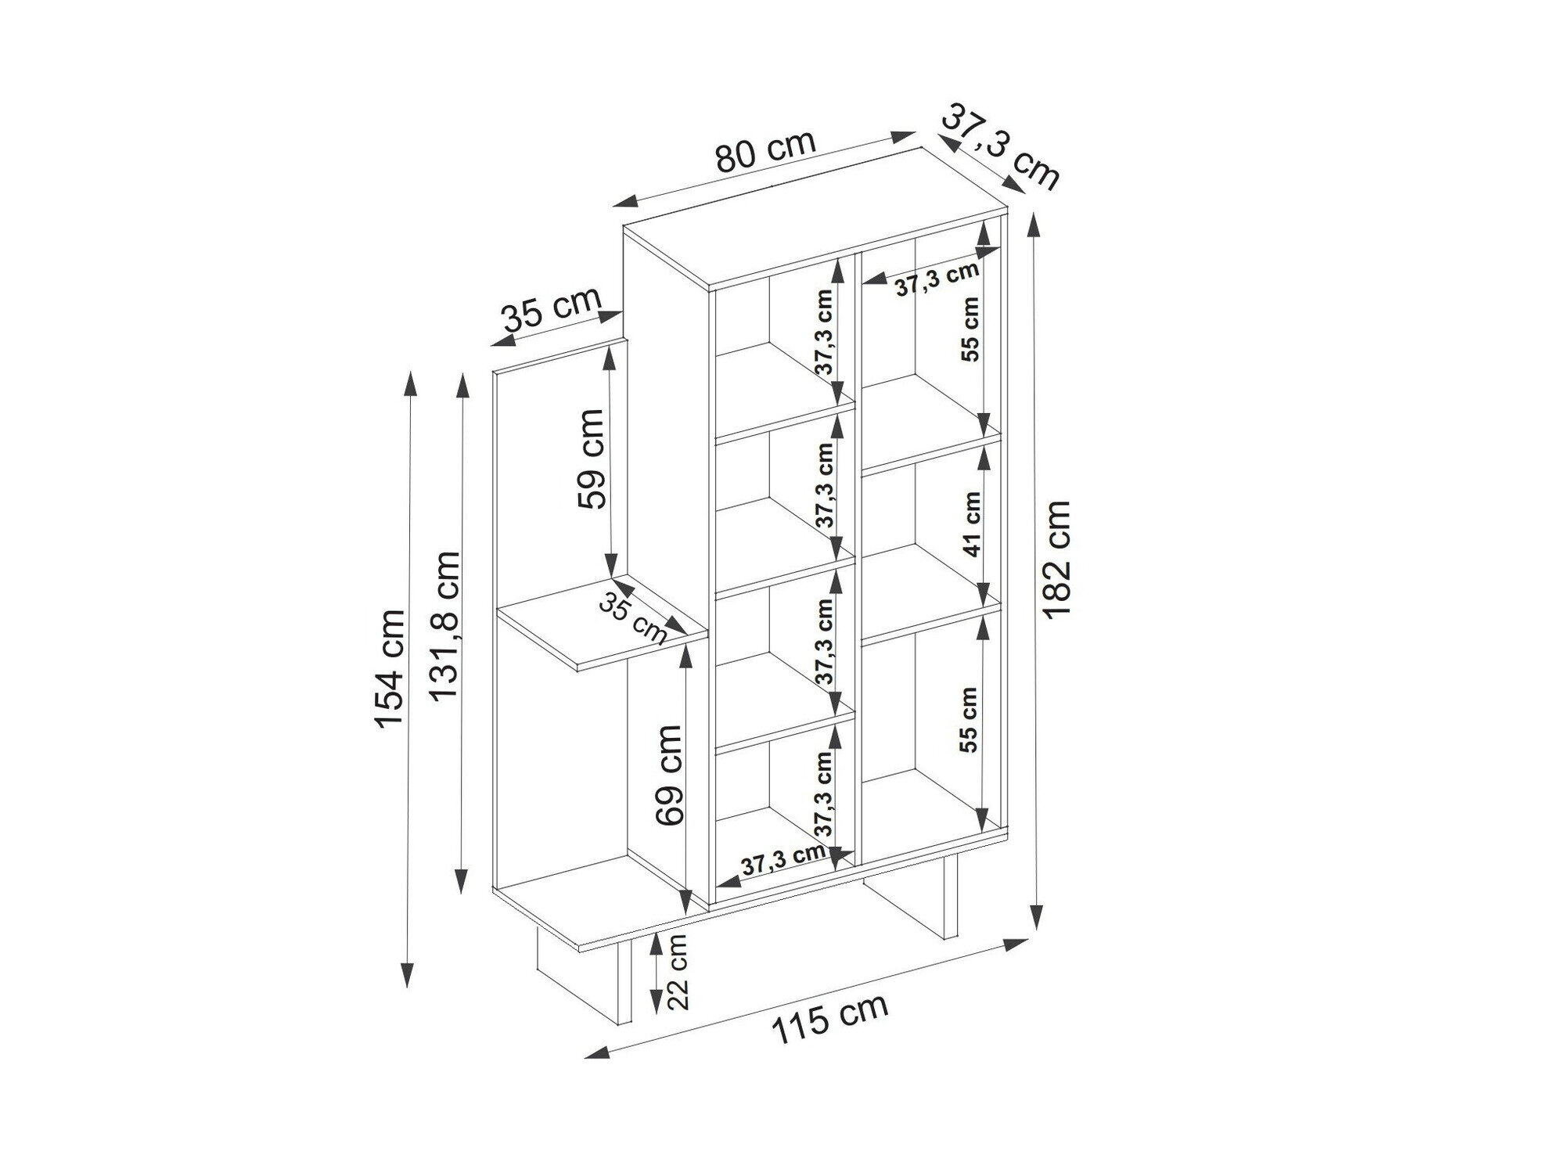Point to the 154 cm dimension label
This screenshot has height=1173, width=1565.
[391, 668]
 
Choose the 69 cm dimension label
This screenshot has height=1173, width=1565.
[669, 775]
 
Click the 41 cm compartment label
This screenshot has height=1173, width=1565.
[971, 524]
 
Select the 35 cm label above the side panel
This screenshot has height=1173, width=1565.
[552, 311]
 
